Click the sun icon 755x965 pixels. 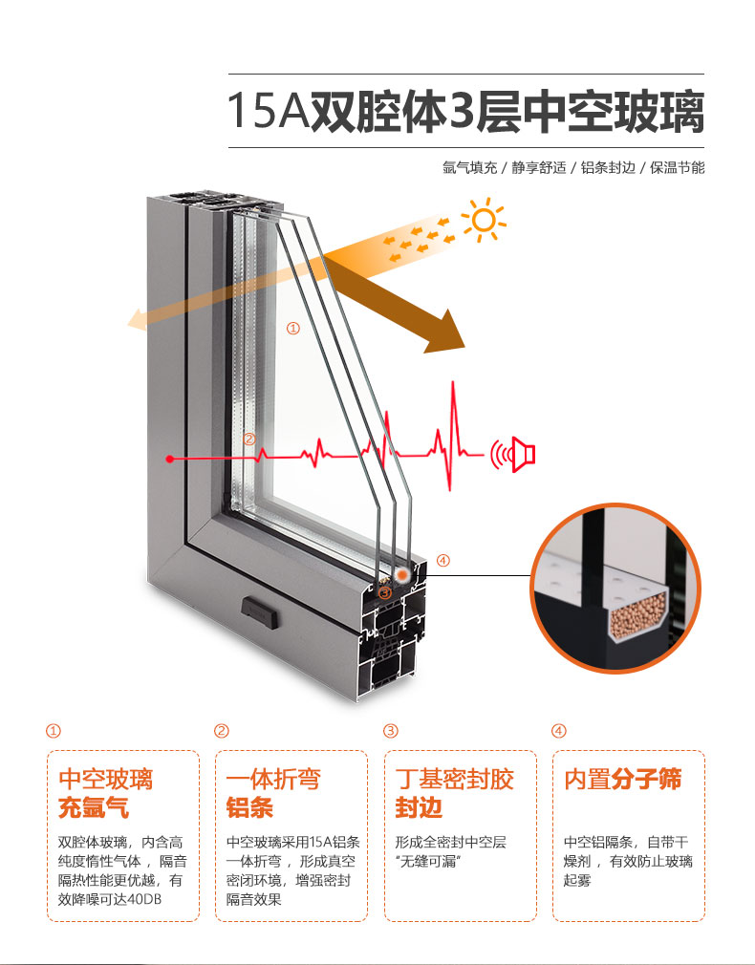(484, 220)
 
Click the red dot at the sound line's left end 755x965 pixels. (170, 459)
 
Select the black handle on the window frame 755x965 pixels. (259, 612)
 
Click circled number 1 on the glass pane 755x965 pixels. (293, 329)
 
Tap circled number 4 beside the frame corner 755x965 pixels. (442, 561)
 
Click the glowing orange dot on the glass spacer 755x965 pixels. (402, 574)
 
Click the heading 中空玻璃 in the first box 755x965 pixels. (105, 779)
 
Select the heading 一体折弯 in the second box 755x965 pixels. (273, 779)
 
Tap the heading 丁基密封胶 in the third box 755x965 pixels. (455, 779)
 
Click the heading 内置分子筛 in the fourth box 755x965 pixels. (623, 779)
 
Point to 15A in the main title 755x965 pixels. (268, 111)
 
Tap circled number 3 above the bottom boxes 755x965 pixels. (391, 731)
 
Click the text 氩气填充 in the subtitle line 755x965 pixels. (469, 167)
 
